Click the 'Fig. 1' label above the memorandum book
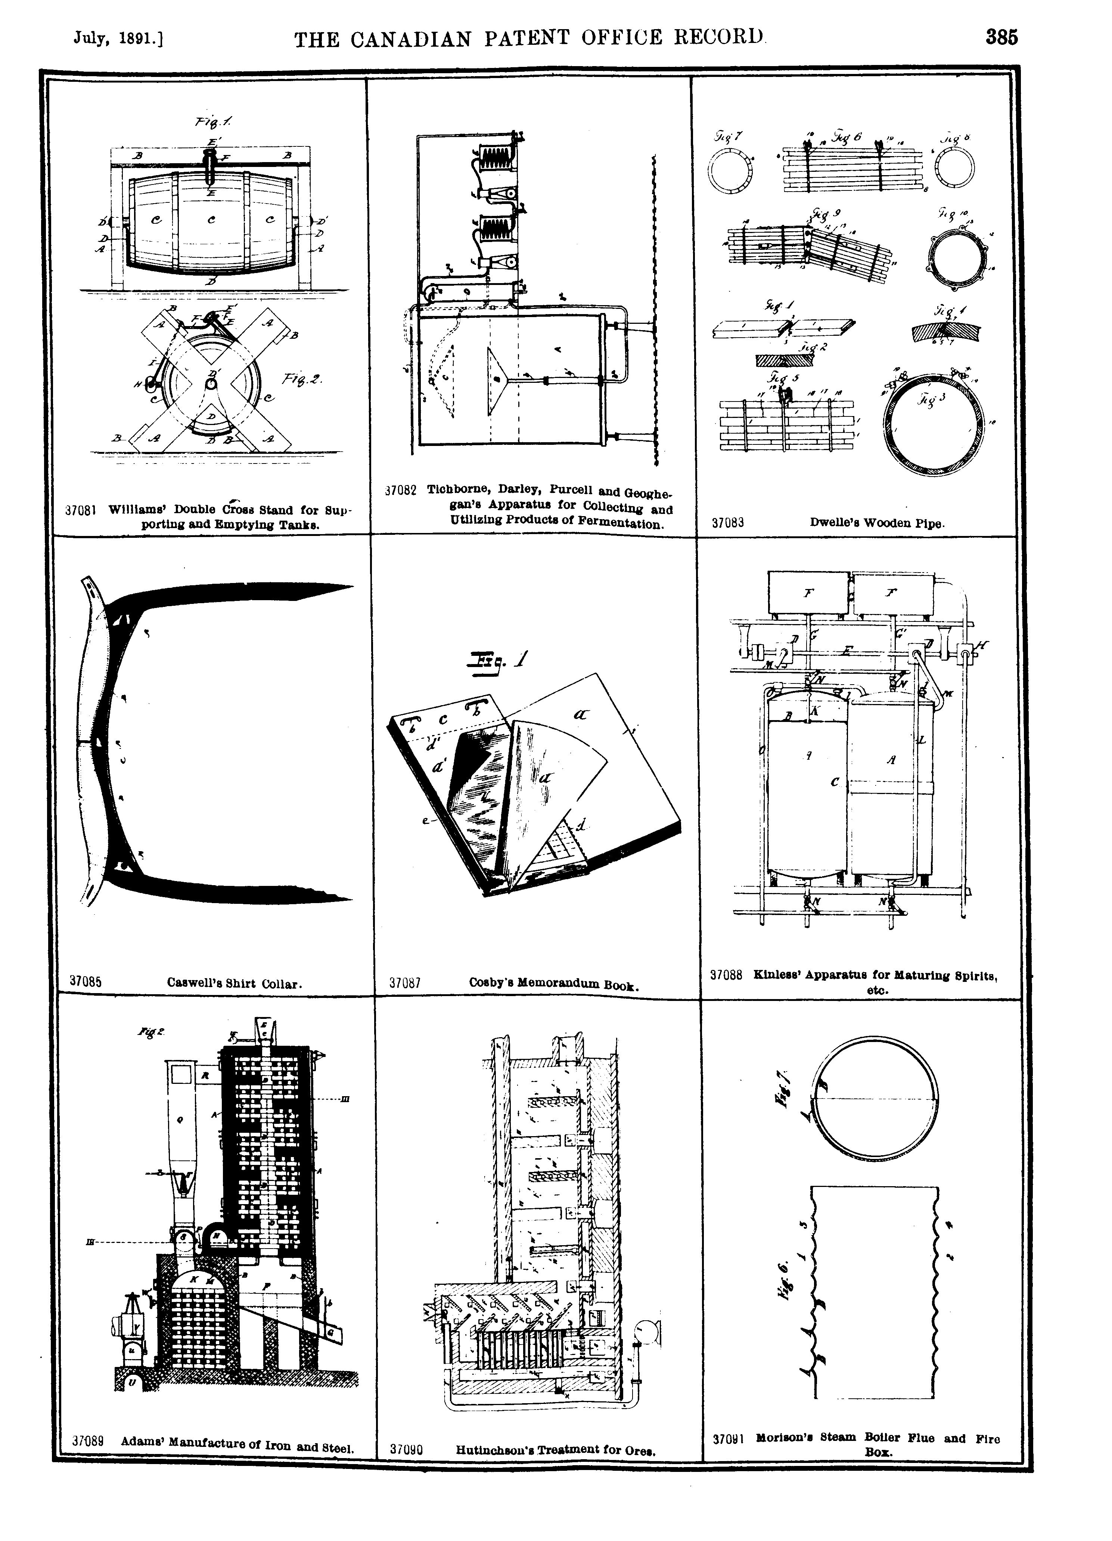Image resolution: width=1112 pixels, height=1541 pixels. [x=499, y=660]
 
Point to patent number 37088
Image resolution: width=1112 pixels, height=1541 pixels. [x=726, y=975]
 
